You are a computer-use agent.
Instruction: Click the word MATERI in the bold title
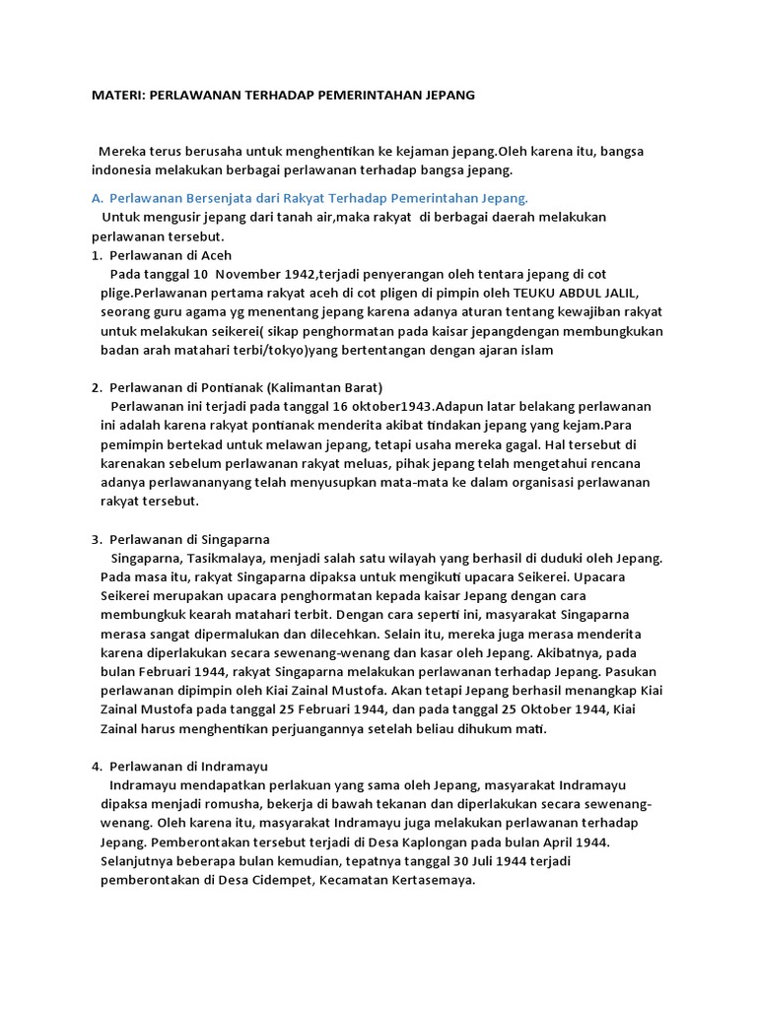(116, 96)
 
